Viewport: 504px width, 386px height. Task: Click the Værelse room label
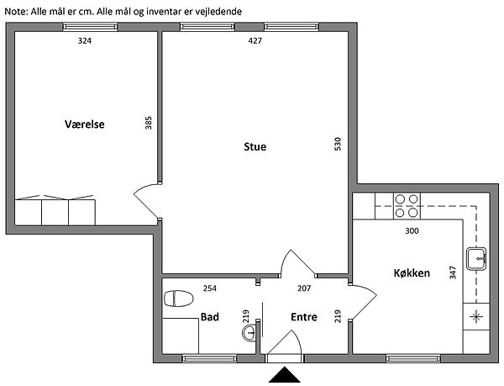click(x=85, y=124)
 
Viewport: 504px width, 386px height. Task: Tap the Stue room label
click(x=255, y=146)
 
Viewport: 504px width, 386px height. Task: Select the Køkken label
click(x=412, y=272)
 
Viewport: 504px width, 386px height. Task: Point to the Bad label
click(x=209, y=317)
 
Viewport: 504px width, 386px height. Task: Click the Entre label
click(x=304, y=317)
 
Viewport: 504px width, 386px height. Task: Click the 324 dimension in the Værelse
click(x=85, y=41)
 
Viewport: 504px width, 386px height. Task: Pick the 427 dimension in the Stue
click(x=255, y=41)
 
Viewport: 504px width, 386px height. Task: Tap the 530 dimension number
click(x=338, y=144)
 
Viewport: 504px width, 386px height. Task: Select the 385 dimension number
click(x=148, y=123)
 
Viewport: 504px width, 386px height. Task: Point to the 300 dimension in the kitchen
click(x=412, y=230)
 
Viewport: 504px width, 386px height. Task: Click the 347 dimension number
click(x=453, y=272)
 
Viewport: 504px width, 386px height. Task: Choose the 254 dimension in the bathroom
click(x=209, y=288)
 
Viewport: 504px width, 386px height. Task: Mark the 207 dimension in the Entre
click(x=304, y=288)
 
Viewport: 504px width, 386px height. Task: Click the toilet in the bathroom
click(x=178, y=299)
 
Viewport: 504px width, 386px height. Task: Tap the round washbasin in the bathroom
click(x=249, y=333)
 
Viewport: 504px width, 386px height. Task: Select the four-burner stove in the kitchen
click(x=407, y=206)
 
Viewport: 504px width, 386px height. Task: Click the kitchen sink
click(x=476, y=259)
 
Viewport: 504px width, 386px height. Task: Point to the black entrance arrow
click(x=285, y=375)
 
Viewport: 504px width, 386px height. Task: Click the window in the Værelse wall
click(x=91, y=27)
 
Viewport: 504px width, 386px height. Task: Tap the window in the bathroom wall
click(x=209, y=358)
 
